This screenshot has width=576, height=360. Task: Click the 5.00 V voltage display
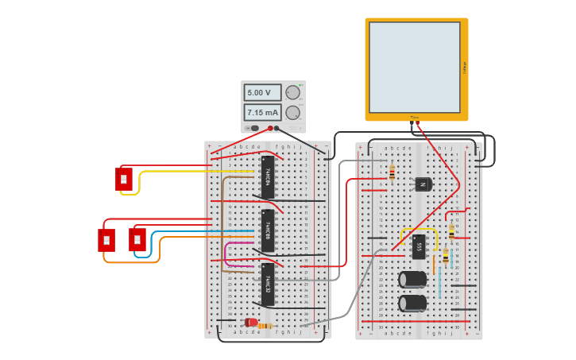[x=262, y=93]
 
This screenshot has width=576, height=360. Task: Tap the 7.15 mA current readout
[x=262, y=112]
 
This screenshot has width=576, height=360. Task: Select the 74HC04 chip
[x=268, y=176]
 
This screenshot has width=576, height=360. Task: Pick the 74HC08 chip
[x=268, y=230]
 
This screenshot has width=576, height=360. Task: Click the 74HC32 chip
[x=268, y=285]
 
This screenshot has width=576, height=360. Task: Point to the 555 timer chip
[x=419, y=246]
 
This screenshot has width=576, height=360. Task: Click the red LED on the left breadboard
[x=251, y=323]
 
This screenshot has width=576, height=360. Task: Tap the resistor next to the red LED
[x=265, y=326]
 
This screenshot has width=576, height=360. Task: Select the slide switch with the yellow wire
[x=123, y=180]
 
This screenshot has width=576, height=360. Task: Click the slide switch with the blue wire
[x=137, y=239]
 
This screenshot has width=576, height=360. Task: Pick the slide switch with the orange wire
[x=106, y=240]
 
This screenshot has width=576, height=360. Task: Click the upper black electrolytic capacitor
[x=412, y=279]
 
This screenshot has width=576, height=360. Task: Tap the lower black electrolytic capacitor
[x=412, y=303]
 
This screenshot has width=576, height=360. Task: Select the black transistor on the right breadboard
[x=423, y=184]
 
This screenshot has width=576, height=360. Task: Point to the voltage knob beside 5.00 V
[x=293, y=93]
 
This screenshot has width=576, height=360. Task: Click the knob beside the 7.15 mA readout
[x=293, y=112]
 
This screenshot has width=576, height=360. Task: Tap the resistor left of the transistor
[x=392, y=172]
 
